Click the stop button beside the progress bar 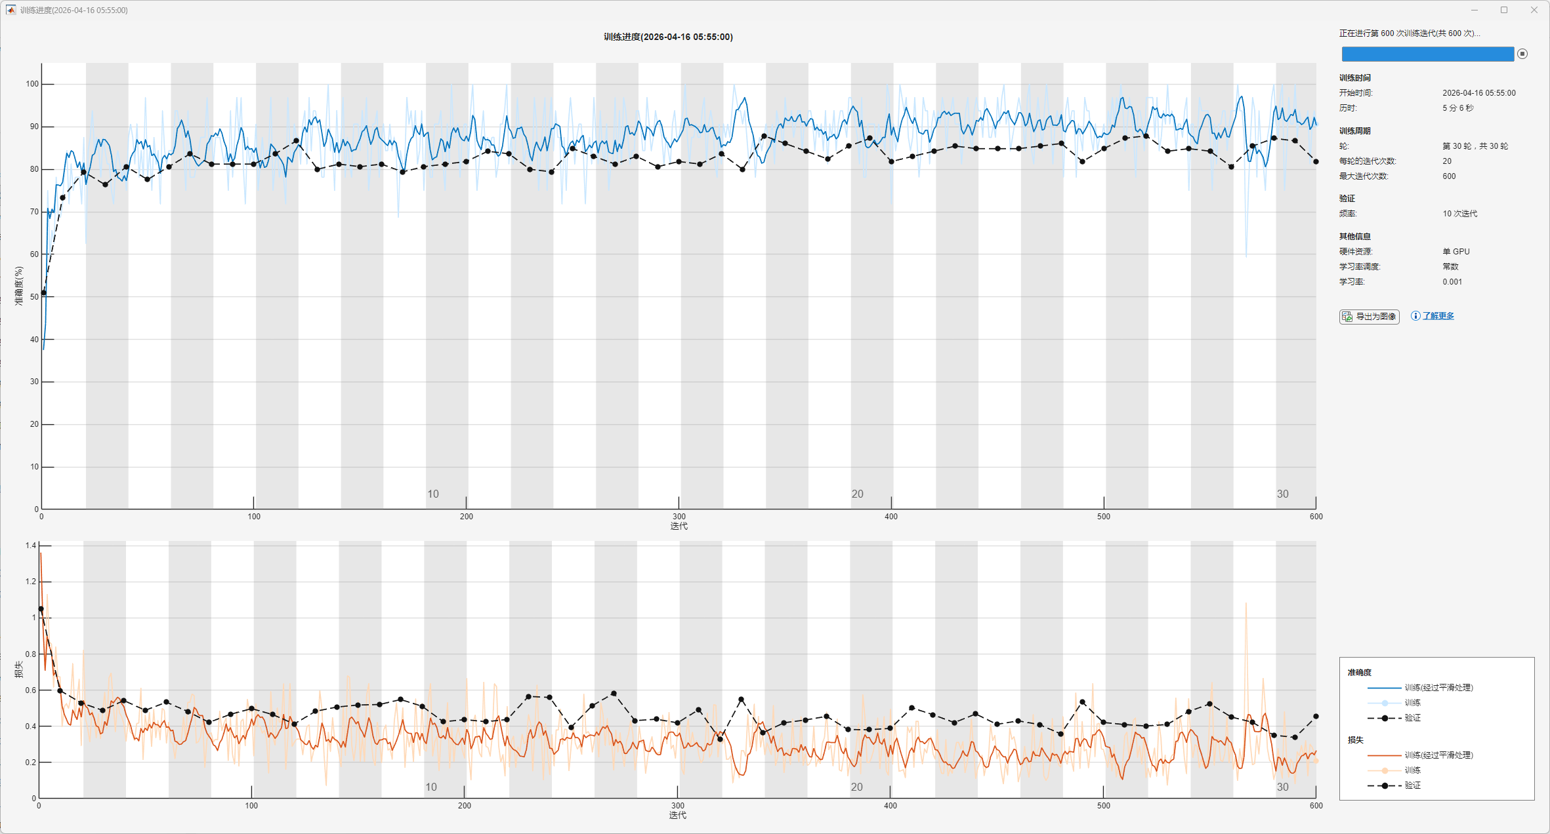pyautogui.click(x=1522, y=54)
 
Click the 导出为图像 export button pyautogui.click(x=1369, y=317)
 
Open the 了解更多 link pyautogui.click(x=1438, y=316)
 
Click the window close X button pyautogui.click(x=1534, y=10)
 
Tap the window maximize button pyautogui.click(x=1504, y=10)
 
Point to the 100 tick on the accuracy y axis pyautogui.click(x=32, y=84)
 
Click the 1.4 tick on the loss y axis pyautogui.click(x=31, y=546)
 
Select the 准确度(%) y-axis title pyautogui.click(x=18, y=285)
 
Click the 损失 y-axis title pyautogui.click(x=18, y=669)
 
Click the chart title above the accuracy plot pyautogui.click(x=668, y=37)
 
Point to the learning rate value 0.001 pyautogui.click(x=1452, y=282)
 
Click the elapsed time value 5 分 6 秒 pyautogui.click(x=1457, y=108)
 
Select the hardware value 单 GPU pyautogui.click(x=1456, y=252)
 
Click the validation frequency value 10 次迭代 pyautogui.click(x=1459, y=214)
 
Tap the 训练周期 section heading pyautogui.click(x=1354, y=131)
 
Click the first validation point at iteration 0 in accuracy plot pyautogui.click(x=44, y=293)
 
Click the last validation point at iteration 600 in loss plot pyautogui.click(x=1316, y=717)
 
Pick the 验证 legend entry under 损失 pyautogui.click(x=1412, y=785)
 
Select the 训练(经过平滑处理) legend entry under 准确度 pyautogui.click(x=1438, y=688)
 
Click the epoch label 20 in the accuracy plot pyautogui.click(x=857, y=494)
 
